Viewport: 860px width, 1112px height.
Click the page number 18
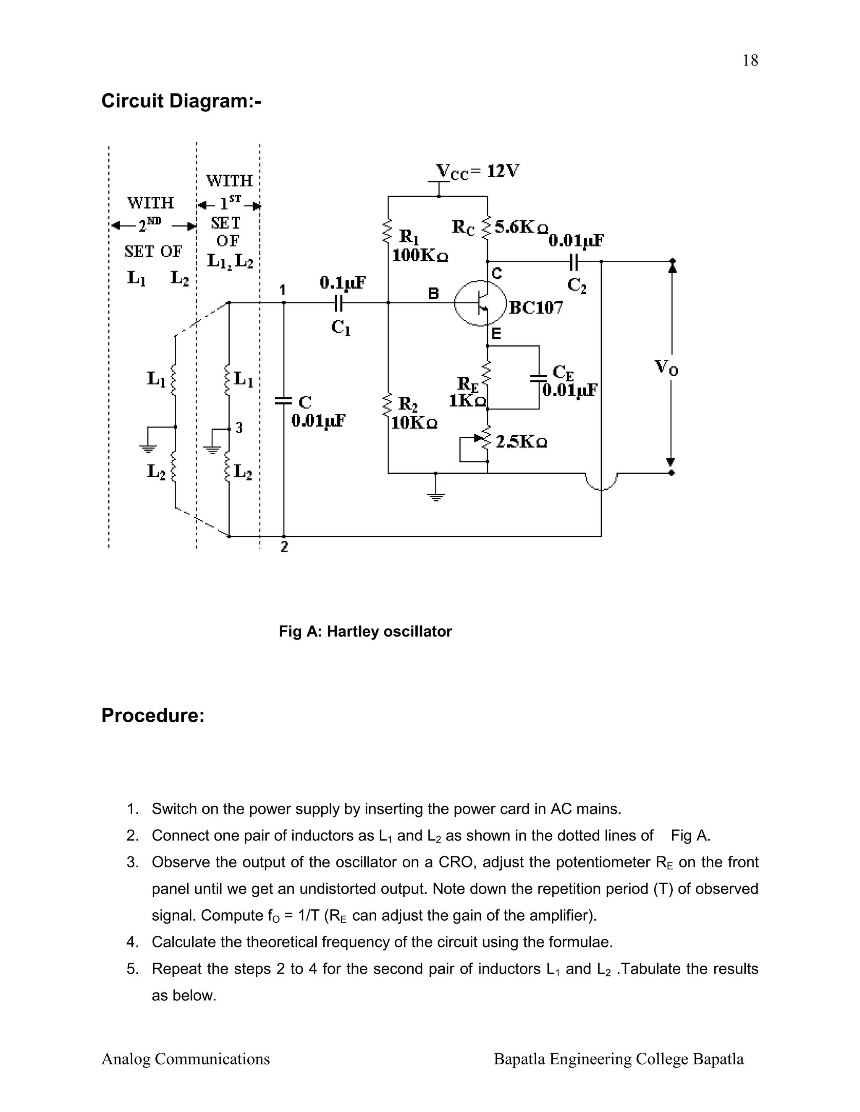750,60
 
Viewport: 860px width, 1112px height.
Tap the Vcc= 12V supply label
477,172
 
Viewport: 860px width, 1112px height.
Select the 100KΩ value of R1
420,255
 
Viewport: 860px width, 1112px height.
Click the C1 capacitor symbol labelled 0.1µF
339,303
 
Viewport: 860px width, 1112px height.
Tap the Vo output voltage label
666,367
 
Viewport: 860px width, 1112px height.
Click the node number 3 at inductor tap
239,428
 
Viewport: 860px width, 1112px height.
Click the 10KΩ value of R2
414,423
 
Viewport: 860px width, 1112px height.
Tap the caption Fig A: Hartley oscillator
365,632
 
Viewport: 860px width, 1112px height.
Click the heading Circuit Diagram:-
181,101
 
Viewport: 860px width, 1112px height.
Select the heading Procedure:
153,715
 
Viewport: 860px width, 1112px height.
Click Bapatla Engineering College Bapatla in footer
619,1059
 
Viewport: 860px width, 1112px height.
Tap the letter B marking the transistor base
433,294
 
